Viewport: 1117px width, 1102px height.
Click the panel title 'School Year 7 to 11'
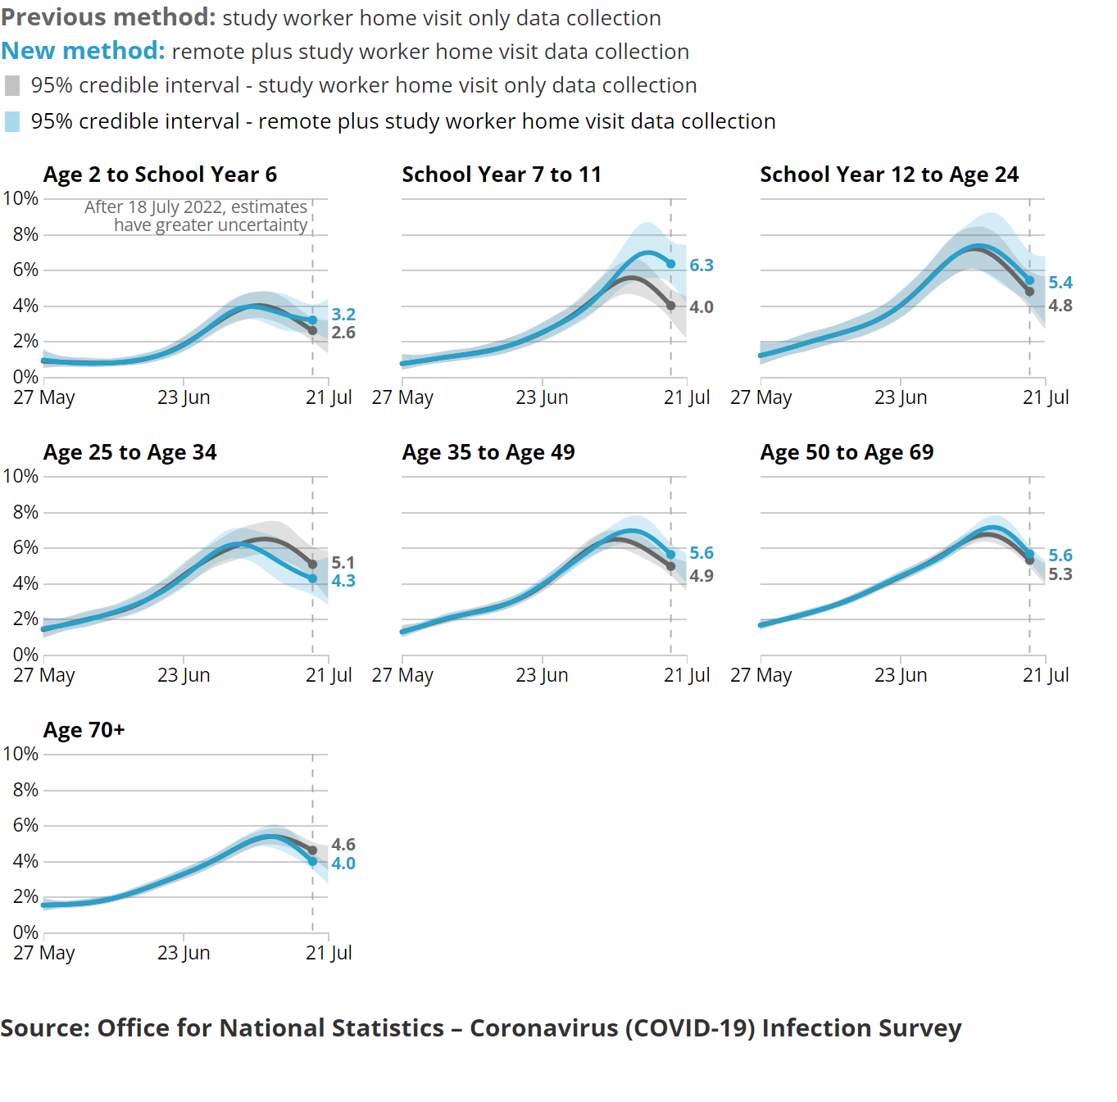click(502, 175)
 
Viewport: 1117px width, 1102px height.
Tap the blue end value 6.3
click(701, 265)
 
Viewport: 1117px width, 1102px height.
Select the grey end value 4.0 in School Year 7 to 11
click(701, 307)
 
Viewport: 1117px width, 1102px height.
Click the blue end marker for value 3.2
click(312, 320)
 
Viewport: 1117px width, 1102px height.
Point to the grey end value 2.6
click(343, 333)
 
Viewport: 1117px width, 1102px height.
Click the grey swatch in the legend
click(12, 86)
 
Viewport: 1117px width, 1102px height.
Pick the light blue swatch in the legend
click(12, 122)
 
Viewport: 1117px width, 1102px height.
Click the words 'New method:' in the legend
click(83, 51)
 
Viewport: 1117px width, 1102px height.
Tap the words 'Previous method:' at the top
click(108, 17)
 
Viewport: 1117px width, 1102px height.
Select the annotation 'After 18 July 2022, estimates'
click(196, 207)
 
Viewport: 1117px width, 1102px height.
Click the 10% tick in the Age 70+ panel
click(21, 754)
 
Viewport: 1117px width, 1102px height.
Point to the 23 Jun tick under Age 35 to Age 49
click(542, 675)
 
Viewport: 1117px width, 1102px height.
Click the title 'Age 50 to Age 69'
click(847, 452)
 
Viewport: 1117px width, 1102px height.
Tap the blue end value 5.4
click(1060, 283)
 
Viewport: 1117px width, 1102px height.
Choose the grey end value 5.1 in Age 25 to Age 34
click(343, 563)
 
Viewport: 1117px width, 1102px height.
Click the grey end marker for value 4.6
click(312, 850)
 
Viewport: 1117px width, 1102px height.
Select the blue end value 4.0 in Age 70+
click(343, 864)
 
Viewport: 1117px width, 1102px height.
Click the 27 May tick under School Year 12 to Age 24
click(761, 397)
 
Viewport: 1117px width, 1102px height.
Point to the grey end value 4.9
click(701, 576)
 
